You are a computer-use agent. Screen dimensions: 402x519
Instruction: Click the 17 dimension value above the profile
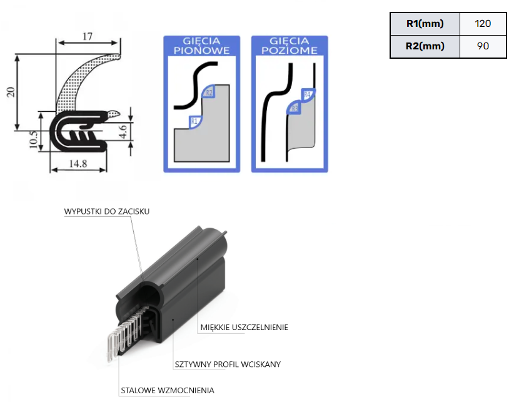[x=88, y=36]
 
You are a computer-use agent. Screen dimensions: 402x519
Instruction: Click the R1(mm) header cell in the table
[x=425, y=24]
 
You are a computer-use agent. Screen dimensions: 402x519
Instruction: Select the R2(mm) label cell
[x=425, y=46]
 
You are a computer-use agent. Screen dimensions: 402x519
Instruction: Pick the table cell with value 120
[x=482, y=24]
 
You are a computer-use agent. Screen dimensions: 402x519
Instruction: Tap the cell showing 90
[x=482, y=46]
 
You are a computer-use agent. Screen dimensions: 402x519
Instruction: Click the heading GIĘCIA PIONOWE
[x=201, y=46]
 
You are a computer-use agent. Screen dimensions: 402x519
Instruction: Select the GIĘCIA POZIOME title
[x=290, y=46]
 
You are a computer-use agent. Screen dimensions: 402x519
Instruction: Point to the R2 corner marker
[x=208, y=93]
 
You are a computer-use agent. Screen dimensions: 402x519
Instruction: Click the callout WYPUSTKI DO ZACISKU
[x=107, y=211]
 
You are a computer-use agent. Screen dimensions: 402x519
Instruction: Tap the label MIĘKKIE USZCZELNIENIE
[x=244, y=327]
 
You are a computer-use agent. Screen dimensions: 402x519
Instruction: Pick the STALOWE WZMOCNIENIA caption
[x=167, y=391]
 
